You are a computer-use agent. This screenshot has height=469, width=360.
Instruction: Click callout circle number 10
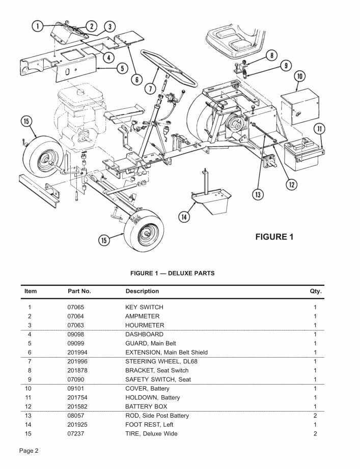(x=300, y=77)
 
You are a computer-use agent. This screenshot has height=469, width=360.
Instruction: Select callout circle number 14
(x=184, y=217)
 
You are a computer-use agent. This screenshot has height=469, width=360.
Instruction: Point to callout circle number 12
(x=291, y=184)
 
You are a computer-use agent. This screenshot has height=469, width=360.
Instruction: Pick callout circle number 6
(x=136, y=79)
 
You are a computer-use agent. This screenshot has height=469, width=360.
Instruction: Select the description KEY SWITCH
(x=144, y=307)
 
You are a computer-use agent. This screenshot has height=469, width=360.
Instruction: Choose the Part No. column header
(x=79, y=291)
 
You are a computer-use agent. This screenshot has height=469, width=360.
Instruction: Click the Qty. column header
(x=316, y=291)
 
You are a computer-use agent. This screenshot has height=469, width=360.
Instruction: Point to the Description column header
(x=142, y=291)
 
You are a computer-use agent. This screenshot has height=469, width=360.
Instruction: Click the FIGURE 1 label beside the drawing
(x=274, y=237)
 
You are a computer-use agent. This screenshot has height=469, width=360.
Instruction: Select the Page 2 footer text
(x=29, y=451)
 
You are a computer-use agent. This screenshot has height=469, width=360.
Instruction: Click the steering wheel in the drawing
(x=168, y=69)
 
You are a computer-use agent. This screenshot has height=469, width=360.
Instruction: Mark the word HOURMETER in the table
(x=145, y=325)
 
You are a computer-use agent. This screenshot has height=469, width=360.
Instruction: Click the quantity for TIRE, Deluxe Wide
(x=315, y=434)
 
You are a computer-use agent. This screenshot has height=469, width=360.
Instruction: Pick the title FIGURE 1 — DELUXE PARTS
(x=172, y=273)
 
